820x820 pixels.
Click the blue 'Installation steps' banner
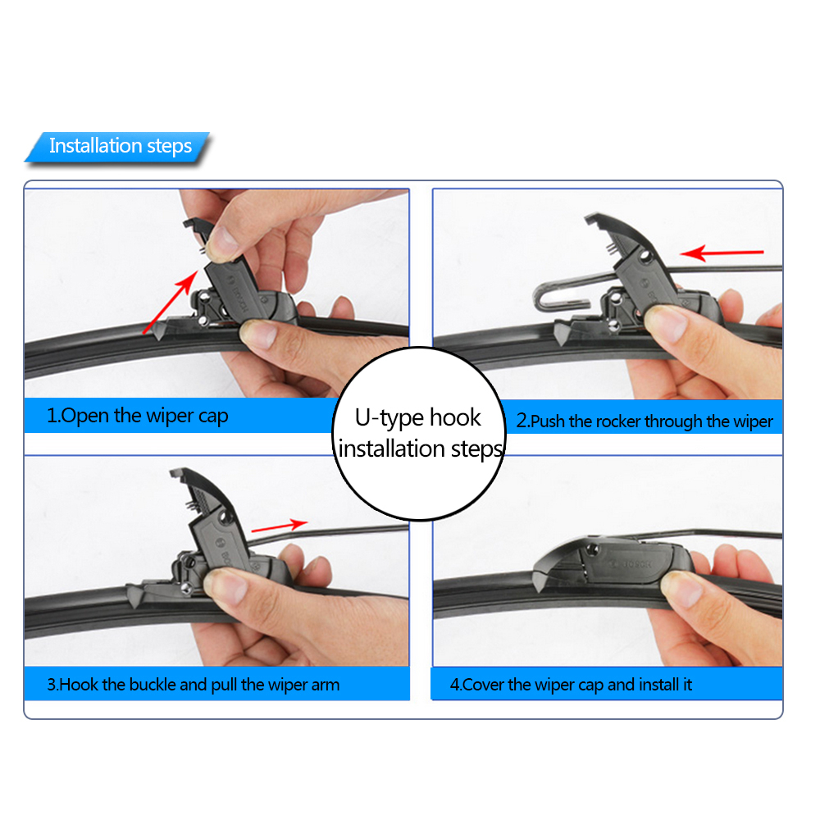click(x=117, y=147)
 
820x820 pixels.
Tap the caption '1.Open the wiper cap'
click(x=138, y=416)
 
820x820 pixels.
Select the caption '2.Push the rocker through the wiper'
click(x=645, y=421)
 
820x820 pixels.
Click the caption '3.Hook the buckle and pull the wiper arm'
click(x=194, y=685)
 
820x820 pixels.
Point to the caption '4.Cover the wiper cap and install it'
click(x=571, y=685)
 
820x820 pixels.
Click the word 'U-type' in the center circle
click(x=389, y=418)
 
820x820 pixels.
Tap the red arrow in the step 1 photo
click(x=171, y=302)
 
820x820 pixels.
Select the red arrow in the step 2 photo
click(x=722, y=253)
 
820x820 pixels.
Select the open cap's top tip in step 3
click(x=174, y=472)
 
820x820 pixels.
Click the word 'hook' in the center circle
click(x=455, y=418)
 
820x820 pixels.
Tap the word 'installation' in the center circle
click(x=392, y=449)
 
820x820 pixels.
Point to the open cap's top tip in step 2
click(x=588, y=218)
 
